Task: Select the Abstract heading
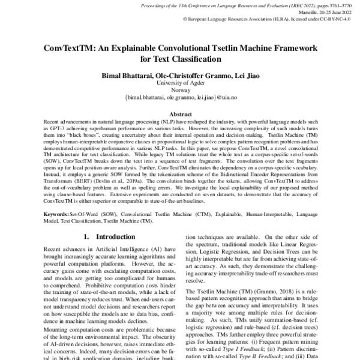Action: (180, 113)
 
